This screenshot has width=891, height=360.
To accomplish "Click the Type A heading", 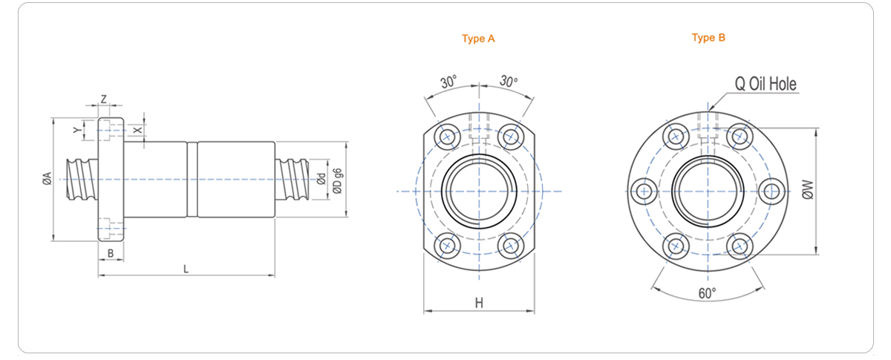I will tap(478, 39).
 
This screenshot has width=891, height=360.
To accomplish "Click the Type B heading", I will tap(708, 38).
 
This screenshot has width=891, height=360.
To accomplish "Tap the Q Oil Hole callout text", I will tap(766, 84).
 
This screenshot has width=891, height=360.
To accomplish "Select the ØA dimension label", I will tap(46, 178).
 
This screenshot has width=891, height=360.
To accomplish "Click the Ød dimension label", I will tap(321, 179).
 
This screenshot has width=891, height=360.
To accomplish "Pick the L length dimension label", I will tap(186, 269).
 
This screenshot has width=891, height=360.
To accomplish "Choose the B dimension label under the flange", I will tap(110, 254).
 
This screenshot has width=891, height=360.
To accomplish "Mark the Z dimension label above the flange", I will tap(103, 99).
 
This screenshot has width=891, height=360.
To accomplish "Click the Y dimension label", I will tap(77, 130).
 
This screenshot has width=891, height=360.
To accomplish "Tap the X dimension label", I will tap(136, 130).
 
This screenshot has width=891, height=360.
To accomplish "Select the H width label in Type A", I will tap(479, 302).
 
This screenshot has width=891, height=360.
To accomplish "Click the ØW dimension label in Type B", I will tap(807, 191).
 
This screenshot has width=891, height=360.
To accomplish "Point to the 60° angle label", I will tap(708, 293).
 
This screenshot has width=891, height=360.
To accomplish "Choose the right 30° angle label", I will tap(509, 81).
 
